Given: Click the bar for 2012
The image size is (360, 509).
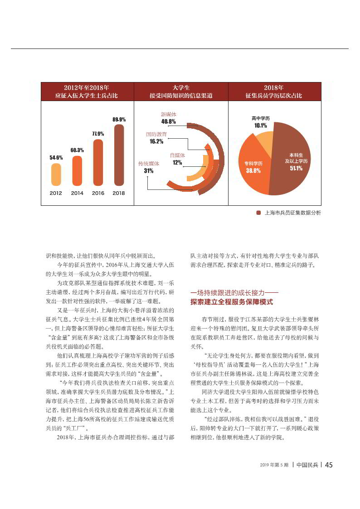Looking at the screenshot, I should pos(56,174).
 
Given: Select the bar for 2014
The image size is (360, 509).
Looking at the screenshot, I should pos(77,170).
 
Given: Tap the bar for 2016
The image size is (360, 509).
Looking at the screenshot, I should pos(98,162).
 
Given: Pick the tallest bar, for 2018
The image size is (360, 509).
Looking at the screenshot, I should pos(119,155).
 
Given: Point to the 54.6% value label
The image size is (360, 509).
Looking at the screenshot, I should pos(56,157).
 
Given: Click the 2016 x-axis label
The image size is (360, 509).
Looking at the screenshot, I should pos(98,193).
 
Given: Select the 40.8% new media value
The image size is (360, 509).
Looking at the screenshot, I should pos(168,121).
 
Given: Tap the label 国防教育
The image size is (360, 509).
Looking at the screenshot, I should pos(156,135).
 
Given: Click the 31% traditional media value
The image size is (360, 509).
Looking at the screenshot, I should pos(148,171).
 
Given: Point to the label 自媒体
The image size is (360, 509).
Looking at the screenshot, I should pos(177,155).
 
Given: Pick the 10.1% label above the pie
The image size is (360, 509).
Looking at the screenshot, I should pos(260,125).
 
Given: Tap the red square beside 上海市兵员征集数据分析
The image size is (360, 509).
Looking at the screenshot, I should pos(258,213).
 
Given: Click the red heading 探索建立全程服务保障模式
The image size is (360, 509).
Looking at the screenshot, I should pos(232,302).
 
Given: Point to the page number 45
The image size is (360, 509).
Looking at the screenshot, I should pos(329,465).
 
